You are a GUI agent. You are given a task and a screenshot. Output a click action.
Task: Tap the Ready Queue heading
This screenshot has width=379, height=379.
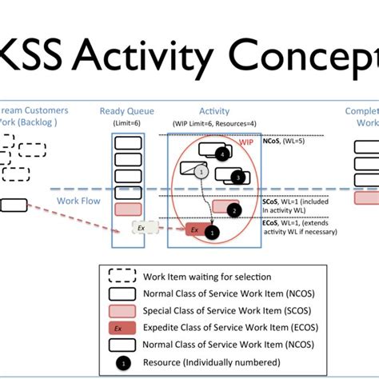[128, 111]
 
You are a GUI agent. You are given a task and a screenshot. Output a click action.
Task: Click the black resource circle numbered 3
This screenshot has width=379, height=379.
[237, 177]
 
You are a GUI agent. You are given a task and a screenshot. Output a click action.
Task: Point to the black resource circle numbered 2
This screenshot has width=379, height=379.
[233, 210]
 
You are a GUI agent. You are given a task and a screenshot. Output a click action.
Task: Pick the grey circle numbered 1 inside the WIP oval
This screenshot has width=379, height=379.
[202, 172]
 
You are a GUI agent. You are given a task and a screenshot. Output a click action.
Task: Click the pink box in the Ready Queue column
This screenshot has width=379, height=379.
[129, 209]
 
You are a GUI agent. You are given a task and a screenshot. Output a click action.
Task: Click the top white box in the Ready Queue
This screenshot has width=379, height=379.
[129, 144]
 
